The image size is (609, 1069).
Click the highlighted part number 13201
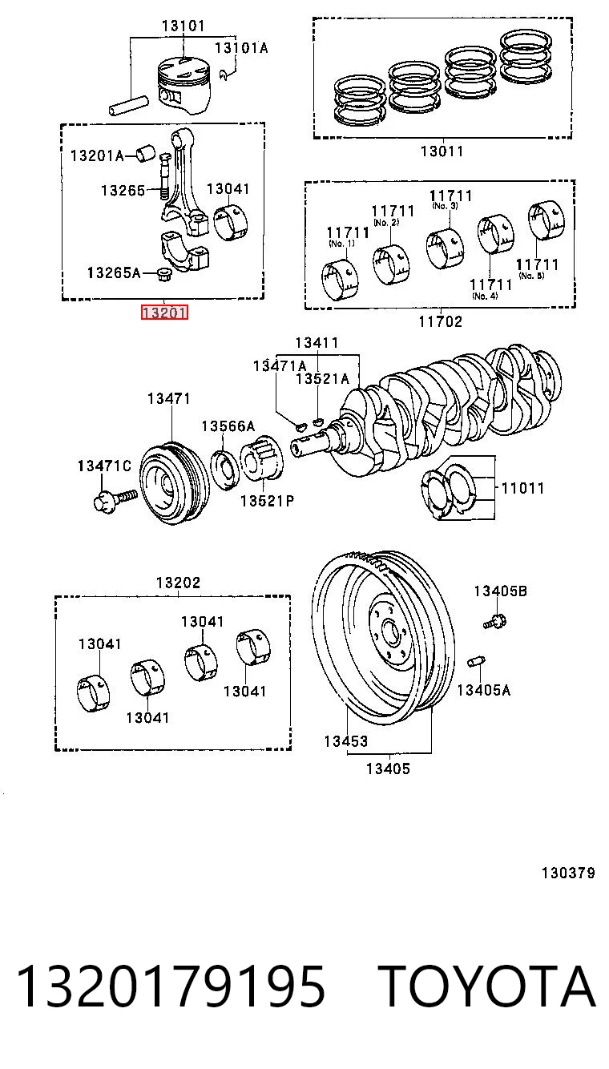[164, 313]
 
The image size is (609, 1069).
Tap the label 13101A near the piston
[241, 47]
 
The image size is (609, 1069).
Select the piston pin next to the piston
[128, 106]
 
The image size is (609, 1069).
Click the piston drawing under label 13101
[184, 86]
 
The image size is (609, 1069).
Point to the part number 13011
[442, 151]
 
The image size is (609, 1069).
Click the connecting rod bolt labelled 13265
[165, 176]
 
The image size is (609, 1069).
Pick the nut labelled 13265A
[165, 276]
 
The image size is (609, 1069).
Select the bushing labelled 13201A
[146, 154]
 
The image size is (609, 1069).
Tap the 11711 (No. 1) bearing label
[348, 236]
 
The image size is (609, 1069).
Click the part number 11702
[441, 321]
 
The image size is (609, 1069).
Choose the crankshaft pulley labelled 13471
[174, 484]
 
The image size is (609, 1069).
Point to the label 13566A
[228, 426]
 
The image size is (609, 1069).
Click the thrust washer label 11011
[522, 488]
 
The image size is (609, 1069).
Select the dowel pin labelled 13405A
[477, 662]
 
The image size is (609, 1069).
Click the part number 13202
[178, 583]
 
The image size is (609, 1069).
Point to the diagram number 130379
[568, 873]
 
